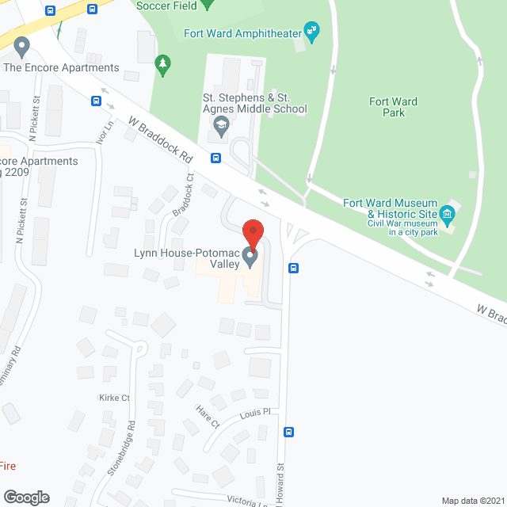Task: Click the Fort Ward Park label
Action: (387, 106)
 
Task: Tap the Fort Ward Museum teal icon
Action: (448, 213)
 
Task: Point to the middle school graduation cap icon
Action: (221, 124)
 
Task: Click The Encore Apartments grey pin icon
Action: (22, 48)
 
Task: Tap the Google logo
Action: (25, 497)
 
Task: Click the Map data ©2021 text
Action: (472, 501)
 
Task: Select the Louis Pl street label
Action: (255, 414)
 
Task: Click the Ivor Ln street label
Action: (102, 128)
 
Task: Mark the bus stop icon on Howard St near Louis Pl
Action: (289, 433)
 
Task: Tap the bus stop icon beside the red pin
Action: (293, 268)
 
